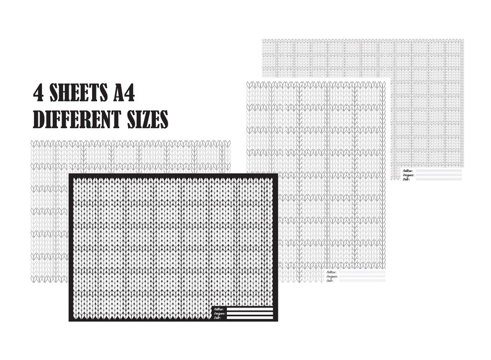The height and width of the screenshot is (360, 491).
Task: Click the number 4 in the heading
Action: point(40,94)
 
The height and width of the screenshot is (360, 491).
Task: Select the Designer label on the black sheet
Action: point(219,314)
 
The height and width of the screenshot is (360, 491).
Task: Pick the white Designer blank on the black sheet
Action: point(250,313)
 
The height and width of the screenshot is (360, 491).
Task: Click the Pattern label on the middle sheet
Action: point(330,272)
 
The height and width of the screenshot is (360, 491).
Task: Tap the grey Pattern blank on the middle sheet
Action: point(362,272)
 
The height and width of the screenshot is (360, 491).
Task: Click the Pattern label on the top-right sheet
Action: point(408,170)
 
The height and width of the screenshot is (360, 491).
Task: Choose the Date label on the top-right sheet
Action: point(406,179)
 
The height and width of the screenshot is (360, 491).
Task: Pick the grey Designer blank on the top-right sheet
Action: point(438,174)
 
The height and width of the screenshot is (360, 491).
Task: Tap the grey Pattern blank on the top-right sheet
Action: point(438,170)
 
